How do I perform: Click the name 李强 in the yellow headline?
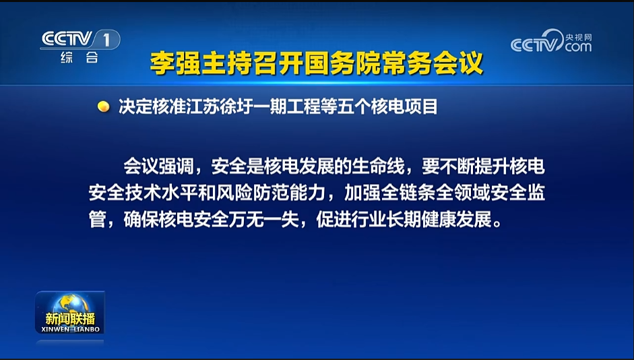pyautogui.click(x=175, y=63)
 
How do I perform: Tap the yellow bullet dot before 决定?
pyautogui.click(x=104, y=107)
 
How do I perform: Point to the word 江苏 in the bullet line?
pyautogui.click(x=203, y=107)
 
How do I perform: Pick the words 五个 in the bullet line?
pyautogui.click(x=356, y=107)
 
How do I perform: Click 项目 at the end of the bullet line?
pyautogui.click(x=420, y=107)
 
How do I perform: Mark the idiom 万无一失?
pyautogui.click(x=264, y=220)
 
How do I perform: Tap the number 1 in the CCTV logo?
pyautogui.click(x=106, y=40)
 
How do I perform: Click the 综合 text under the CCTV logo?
pyautogui.click(x=80, y=57)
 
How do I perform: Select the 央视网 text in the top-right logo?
pyautogui.click(x=578, y=37)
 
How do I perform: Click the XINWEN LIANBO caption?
pyautogui.click(x=70, y=329)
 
